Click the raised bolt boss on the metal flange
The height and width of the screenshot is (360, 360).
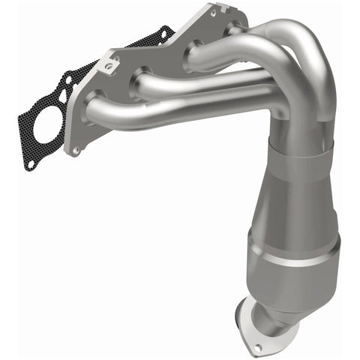click(109, 66)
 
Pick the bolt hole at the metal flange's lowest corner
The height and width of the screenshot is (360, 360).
click(74, 149)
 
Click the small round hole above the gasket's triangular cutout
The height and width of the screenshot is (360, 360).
click(67, 78)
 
